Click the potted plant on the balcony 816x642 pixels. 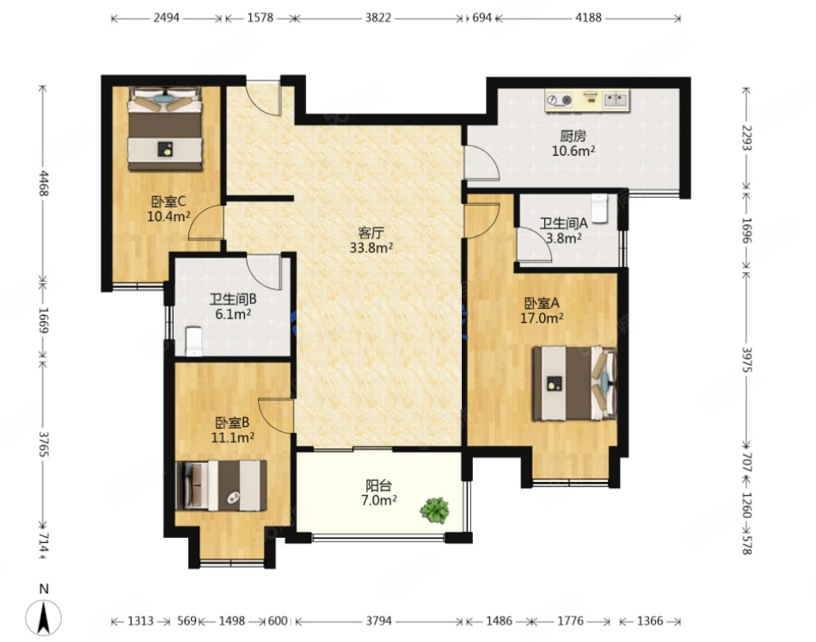tap(435, 510)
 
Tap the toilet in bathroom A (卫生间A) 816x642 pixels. tap(599, 208)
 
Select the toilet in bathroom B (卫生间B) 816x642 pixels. tap(193, 341)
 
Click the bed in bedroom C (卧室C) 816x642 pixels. tap(165, 128)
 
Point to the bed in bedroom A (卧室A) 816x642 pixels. tap(574, 383)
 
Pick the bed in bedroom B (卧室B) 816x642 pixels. tap(221, 485)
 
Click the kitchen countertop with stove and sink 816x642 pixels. tap(587, 100)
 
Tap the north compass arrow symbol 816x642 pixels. tap(44, 618)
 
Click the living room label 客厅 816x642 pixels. tap(371, 232)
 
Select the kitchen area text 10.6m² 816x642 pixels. tap(574, 151)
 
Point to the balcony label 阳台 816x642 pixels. tap(378, 485)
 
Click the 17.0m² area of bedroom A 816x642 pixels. tap(542, 318)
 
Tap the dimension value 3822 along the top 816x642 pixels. tap(377, 18)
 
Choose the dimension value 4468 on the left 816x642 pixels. tap(44, 182)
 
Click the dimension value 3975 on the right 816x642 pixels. tap(746, 359)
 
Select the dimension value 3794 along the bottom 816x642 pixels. tap(378, 620)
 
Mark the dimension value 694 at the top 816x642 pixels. tap(482, 18)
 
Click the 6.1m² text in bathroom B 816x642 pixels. tap(233, 314)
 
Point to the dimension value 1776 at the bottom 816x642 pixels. tap(570, 620)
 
